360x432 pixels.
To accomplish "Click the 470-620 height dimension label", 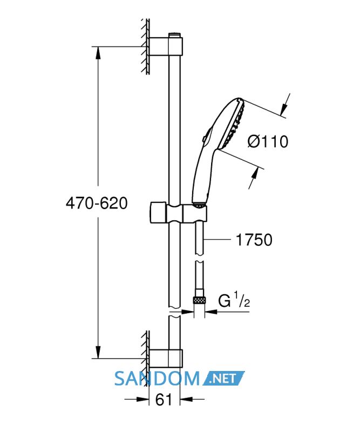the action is (x=97, y=204).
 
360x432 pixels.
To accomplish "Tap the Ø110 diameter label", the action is (x=268, y=141).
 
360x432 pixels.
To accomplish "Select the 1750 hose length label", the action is (x=254, y=240).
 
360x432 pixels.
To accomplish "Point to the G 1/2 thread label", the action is (x=234, y=300).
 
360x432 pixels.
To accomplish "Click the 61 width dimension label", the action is (x=164, y=400).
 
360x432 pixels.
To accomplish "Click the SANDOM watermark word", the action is (x=157, y=379).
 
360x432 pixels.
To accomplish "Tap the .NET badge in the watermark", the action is (x=223, y=379).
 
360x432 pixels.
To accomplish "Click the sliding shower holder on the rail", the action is (x=178, y=213).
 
